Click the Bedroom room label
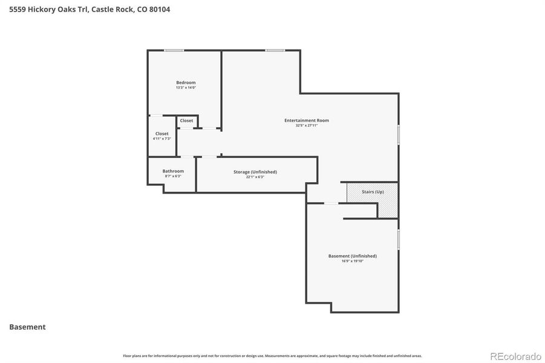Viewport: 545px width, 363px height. click(x=186, y=82)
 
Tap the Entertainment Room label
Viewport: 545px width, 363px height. click(x=307, y=120)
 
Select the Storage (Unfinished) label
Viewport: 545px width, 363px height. click(x=255, y=172)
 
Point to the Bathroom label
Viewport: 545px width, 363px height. click(x=173, y=171)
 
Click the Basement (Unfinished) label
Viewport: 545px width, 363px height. click(x=353, y=256)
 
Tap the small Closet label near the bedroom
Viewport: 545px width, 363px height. click(x=186, y=120)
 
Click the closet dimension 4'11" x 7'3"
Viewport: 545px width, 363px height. click(x=162, y=139)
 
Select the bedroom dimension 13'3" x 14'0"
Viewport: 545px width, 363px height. click(x=186, y=88)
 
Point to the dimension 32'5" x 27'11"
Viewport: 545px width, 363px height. click(x=307, y=125)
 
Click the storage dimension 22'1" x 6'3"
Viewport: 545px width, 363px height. click(x=255, y=177)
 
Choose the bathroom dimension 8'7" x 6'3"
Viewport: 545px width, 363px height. click(x=173, y=176)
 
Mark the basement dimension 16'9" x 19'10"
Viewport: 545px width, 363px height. click(x=353, y=261)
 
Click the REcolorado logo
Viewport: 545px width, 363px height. click(x=515, y=356)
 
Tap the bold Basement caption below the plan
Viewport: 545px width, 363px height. click(x=27, y=327)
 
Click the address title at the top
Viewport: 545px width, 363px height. click(x=90, y=9)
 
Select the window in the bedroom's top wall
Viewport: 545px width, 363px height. click(x=174, y=50)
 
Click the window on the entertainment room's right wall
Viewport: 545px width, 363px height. click(x=398, y=134)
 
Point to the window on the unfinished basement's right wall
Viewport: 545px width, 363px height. click(x=398, y=239)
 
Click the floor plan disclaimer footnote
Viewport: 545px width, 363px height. click(x=272, y=356)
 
